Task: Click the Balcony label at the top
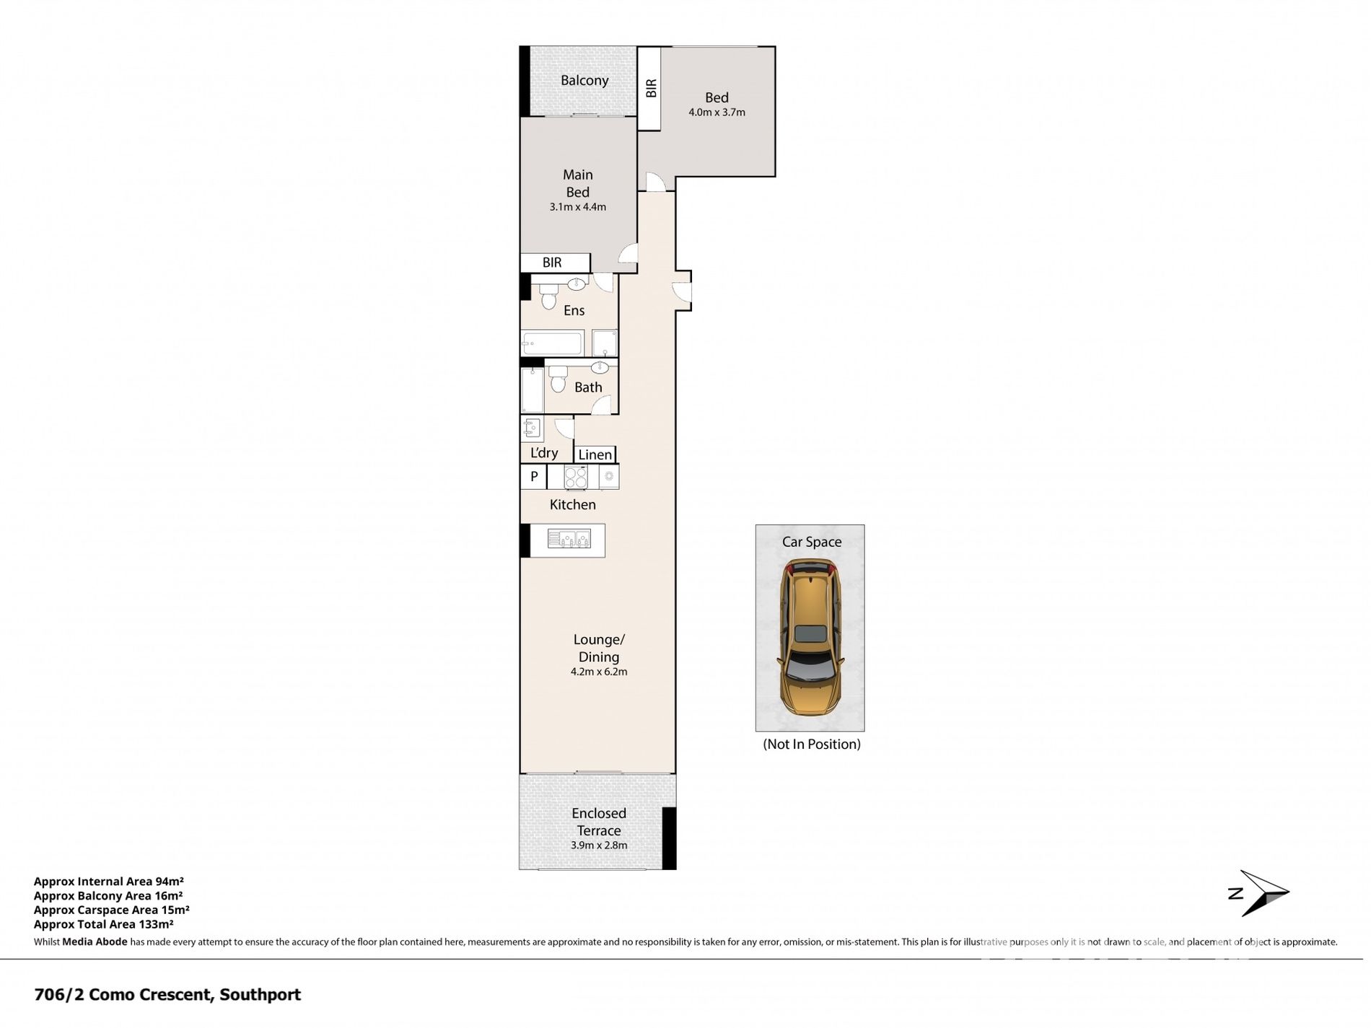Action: point(584,80)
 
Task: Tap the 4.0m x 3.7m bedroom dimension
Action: point(717,113)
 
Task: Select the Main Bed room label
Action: point(577,183)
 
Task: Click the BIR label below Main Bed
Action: point(552,263)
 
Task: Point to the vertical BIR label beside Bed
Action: point(651,88)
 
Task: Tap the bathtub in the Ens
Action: point(552,343)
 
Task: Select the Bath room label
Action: point(588,387)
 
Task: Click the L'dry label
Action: point(544,453)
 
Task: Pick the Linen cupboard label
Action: point(595,454)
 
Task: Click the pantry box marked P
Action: point(534,476)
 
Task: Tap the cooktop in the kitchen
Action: point(576,477)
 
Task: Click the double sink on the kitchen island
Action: point(569,539)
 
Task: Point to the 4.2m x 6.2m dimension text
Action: point(599,672)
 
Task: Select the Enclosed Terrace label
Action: point(599,822)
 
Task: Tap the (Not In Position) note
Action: point(812,744)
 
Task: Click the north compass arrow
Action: point(1259,893)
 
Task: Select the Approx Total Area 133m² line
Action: point(104,924)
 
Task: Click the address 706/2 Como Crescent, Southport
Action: point(167,995)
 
